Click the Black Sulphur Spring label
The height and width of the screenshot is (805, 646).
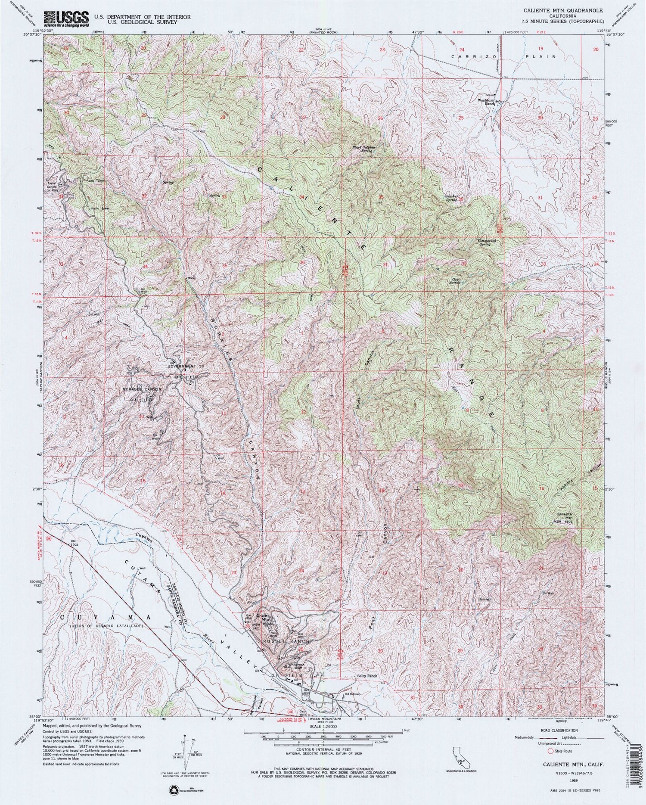(362, 149)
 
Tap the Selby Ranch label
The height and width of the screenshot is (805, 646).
(367, 676)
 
